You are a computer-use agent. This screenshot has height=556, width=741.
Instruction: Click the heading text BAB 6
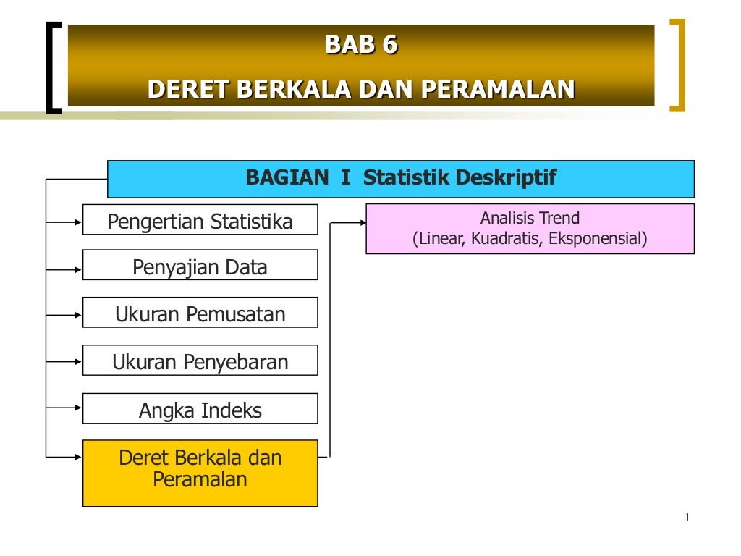[x=361, y=45]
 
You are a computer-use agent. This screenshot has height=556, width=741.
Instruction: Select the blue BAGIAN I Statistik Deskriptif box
[x=401, y=178]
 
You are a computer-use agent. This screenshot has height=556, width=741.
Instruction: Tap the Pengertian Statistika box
[x=200, y=220]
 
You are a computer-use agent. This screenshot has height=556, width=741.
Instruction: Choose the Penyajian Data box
[x=200, y=266]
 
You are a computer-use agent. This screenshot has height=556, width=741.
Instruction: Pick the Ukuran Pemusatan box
[x=200, y=313]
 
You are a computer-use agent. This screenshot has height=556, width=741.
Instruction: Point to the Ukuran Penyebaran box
[x=200, y=361]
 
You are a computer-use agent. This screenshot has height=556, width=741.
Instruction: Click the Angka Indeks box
[x=200, y=410]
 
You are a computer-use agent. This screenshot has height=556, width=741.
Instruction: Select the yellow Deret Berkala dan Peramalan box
[x=200, y=473]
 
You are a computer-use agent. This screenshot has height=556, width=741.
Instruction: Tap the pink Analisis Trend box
[x=530, y=228]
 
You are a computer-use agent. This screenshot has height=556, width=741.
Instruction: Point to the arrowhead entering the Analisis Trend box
[x=361, y=223]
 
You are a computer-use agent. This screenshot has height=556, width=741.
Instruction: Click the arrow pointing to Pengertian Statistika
[x=77, y=223]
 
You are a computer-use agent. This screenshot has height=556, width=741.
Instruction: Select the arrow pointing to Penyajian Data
[x=77, y=269]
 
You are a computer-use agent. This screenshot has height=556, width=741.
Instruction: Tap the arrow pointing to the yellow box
[x=77, y=456]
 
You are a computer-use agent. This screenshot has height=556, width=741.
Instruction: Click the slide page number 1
[x=686, y=517]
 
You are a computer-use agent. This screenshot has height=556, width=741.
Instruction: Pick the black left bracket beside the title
[x=52, y=67]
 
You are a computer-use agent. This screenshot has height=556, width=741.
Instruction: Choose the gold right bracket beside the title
[x=678, y=65]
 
